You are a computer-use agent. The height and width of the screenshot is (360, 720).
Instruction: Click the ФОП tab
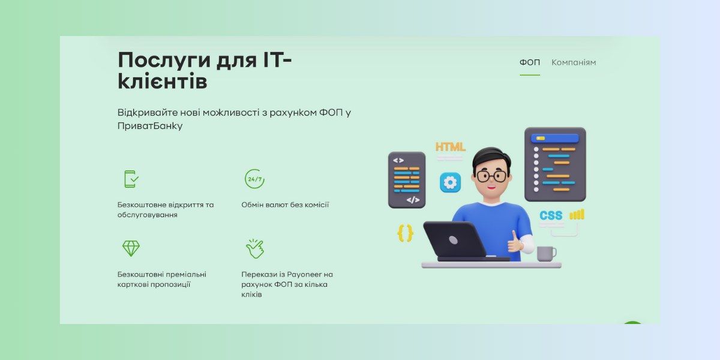(529, 62)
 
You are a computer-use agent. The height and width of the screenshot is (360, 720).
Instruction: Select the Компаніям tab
(574, 62)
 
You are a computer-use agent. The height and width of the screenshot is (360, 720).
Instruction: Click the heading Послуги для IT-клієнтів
(204, 71)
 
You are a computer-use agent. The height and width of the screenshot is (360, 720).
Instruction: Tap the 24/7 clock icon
(254, 179)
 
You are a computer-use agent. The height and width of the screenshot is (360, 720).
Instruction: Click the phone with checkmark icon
(131, 179)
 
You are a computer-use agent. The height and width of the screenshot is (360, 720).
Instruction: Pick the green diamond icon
(131, 248)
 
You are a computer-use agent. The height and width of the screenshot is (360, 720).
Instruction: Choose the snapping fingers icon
(254, 248)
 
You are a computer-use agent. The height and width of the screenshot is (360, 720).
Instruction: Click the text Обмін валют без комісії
(285, 205)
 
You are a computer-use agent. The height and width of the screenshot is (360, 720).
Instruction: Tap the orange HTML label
(450, 146)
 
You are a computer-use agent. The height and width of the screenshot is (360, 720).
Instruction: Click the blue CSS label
(551, 215)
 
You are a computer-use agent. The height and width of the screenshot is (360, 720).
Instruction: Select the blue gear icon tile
(450, 182)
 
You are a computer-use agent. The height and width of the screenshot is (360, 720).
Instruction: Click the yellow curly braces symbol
(406, 233)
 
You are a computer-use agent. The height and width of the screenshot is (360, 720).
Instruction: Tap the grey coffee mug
(545, 253)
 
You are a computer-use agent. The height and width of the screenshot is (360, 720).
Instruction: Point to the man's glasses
(491, 176)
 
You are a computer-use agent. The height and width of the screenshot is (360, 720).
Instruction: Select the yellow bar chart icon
(577, 215)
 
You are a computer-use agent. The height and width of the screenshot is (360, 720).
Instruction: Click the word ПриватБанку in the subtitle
(150, 126)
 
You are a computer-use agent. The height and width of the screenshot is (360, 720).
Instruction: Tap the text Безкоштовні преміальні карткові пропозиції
(161, 279)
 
